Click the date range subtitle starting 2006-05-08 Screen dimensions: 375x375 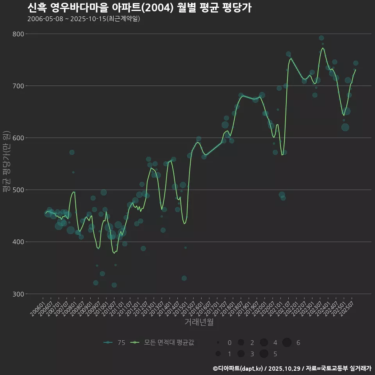84,19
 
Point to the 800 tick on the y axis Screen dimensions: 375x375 18,34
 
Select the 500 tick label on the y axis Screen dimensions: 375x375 18,190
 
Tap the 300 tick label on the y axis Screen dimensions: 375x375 18,294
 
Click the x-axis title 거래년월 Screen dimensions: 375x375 199,322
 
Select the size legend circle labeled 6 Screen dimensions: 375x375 287,343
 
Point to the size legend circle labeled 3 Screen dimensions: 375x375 241,354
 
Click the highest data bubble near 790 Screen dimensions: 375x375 321,38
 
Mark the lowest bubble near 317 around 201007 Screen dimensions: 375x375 114,285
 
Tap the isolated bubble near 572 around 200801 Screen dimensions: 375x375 72,152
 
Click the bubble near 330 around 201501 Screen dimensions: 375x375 184,278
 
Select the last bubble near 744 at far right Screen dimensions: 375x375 355,63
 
